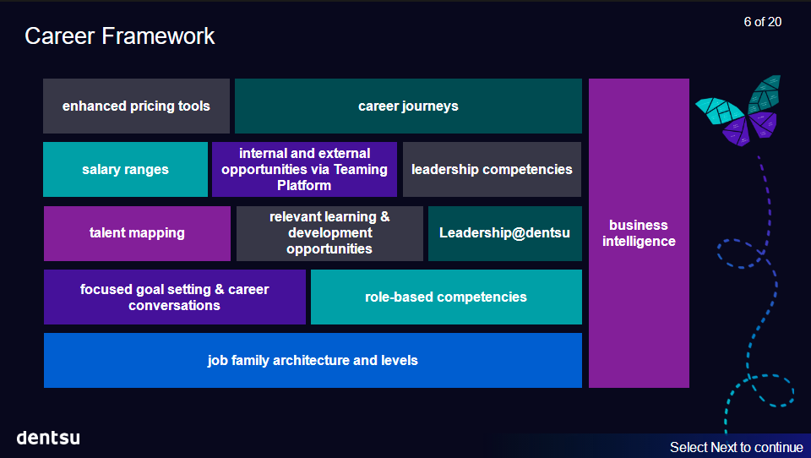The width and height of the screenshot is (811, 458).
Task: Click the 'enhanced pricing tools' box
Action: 136,106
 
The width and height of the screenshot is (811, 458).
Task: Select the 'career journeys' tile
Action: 408,106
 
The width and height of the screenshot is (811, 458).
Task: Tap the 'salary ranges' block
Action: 125,170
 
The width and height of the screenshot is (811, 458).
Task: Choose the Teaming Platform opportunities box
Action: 304,169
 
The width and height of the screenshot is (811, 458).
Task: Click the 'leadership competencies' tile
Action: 492,170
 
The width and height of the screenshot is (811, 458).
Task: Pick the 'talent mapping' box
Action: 137,233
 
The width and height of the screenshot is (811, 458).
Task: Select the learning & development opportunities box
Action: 329,233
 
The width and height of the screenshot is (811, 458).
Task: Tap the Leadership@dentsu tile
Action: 504,233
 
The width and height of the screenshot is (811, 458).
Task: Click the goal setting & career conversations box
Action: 174,297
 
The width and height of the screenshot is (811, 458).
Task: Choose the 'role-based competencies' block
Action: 446,297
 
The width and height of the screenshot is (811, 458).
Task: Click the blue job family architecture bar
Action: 313,360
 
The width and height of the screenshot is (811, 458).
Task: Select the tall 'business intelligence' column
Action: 639,233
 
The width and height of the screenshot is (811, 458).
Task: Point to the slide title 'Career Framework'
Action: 120,35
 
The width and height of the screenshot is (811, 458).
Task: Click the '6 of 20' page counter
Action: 762,22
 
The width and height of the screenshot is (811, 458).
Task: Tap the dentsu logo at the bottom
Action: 48,438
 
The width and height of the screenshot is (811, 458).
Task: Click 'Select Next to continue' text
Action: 736,447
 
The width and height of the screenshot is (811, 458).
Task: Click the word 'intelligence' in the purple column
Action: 639,242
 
